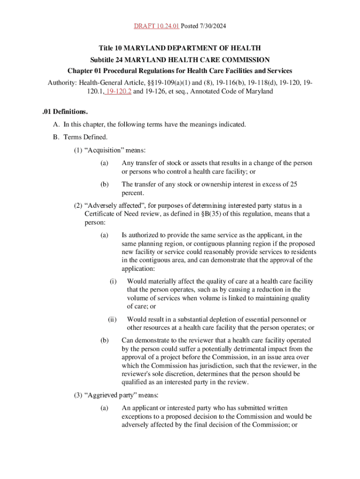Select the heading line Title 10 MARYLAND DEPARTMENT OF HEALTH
coord(180,48)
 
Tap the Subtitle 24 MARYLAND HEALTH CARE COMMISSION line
coord(180,60)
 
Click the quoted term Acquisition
coord(101,150)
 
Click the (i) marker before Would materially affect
coord(113,282)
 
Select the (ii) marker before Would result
coord(112,319)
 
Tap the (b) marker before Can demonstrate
coord(104,341)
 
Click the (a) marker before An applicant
coord(104,408)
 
